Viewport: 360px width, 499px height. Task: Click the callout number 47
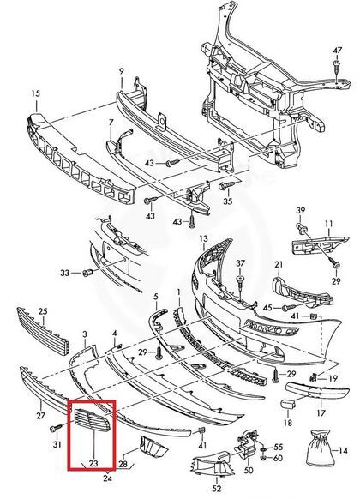[x=338, y=51]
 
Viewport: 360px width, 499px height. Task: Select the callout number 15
[x=36, y=93]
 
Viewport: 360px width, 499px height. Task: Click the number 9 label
[x=122, y=72]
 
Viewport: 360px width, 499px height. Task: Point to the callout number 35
[x=228, y=201]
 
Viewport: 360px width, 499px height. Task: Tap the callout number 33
[x=65, y=273]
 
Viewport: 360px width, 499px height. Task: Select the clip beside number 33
[x=87, y=273]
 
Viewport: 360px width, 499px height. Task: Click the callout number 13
[x=204, y=238]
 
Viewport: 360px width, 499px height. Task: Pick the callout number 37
[x=241, y=263]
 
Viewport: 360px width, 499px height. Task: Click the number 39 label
[x=301, y=211]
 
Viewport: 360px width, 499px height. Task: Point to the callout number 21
[x=279, y=264]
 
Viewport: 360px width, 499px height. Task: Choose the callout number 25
[x=43, y=311]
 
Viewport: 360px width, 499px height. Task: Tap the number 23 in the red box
[x=93, y=463]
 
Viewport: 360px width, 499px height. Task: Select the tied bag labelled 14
[x=320, y=448]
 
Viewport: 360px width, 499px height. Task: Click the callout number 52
[x=217, y=488]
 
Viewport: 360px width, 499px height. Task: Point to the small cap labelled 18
[x=288, y=404]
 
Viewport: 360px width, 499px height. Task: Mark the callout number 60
[x=278, y=458]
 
